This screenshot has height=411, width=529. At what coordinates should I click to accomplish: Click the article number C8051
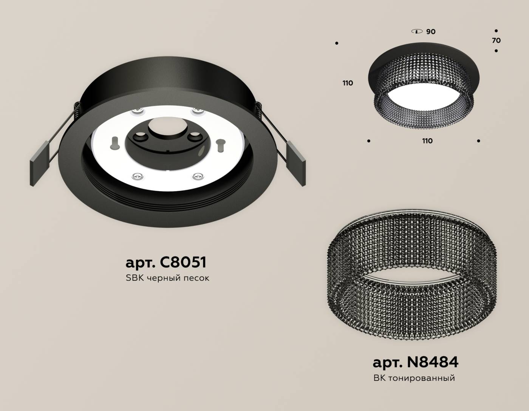click(x=166, y=262)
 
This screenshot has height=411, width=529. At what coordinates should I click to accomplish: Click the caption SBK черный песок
click(x=167, y=278)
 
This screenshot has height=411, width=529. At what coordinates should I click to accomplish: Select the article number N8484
click(x=415, y=362)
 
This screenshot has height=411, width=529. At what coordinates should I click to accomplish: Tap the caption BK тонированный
click(x=414, y=377)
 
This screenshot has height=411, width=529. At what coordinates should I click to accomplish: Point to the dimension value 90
click(x=431, y=32)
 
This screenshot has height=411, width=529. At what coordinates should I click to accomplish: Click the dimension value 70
click(x=497, y=40)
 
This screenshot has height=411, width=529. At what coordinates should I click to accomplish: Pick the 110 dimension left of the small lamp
click(x=348, y=83)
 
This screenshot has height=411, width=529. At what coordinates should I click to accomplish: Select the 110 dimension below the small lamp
click(x=427, y=141)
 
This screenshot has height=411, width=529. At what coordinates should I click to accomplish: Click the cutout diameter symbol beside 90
click(x=417, y=31)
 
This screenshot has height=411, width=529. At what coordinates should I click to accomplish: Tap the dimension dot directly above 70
click(x=496, y=31)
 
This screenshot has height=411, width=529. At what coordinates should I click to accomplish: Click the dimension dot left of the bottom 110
click(x=369, y=141)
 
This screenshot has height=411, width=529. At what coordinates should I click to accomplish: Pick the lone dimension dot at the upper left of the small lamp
click(x=336, y=43)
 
